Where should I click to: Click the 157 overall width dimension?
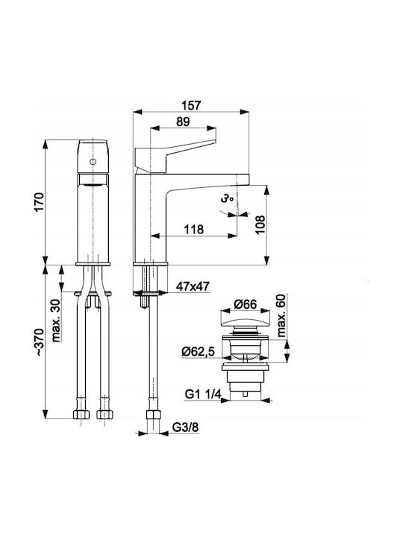(191, 105)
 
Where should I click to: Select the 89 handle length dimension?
(183, 122)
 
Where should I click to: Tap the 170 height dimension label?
(39, 202)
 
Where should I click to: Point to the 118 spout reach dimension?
(194, 229)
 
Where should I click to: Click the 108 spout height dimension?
(260, 224)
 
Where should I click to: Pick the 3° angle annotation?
(227, 198)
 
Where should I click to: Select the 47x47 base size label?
(193, 286)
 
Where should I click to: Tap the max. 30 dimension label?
(56, 321)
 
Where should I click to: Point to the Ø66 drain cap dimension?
(245, 304)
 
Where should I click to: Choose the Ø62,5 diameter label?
(198, 351)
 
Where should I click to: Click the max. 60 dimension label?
(281, 315)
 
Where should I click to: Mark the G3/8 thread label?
(185, 427)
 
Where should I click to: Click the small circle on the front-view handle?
(93, 162)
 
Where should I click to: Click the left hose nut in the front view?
(81, 415)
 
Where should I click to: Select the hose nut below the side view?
(153, 415)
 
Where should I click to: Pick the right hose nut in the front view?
(105, 415)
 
